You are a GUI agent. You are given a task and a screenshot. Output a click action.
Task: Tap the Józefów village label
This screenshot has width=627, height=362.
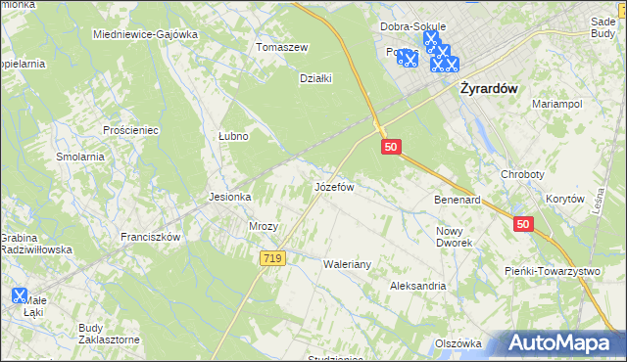[x=333, y=186]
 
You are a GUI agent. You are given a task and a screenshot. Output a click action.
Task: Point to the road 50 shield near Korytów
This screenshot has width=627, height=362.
[x=522, y=224]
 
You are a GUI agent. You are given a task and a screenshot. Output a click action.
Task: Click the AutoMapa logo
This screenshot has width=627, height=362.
[x=563, y=343]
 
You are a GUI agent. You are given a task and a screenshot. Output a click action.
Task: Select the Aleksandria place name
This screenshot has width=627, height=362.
[x=417, y=287]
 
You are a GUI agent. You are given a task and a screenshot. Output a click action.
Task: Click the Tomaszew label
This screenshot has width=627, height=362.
[x=282, y=47]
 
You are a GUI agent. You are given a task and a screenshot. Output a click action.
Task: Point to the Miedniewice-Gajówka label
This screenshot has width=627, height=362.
[x=145, y=34]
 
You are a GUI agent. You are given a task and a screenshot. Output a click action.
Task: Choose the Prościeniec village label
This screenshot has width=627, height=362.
[x=131, y=130]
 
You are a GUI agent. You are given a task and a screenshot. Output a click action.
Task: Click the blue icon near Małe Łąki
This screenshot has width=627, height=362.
[x=20, y=294]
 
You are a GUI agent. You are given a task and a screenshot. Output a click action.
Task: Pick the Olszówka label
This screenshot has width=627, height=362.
[x=458, y=343]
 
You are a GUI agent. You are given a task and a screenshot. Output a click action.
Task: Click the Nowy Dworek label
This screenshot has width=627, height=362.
[x=454, y=237]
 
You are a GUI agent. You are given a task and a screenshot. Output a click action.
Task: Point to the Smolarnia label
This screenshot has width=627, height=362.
[x=80, y=157]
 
